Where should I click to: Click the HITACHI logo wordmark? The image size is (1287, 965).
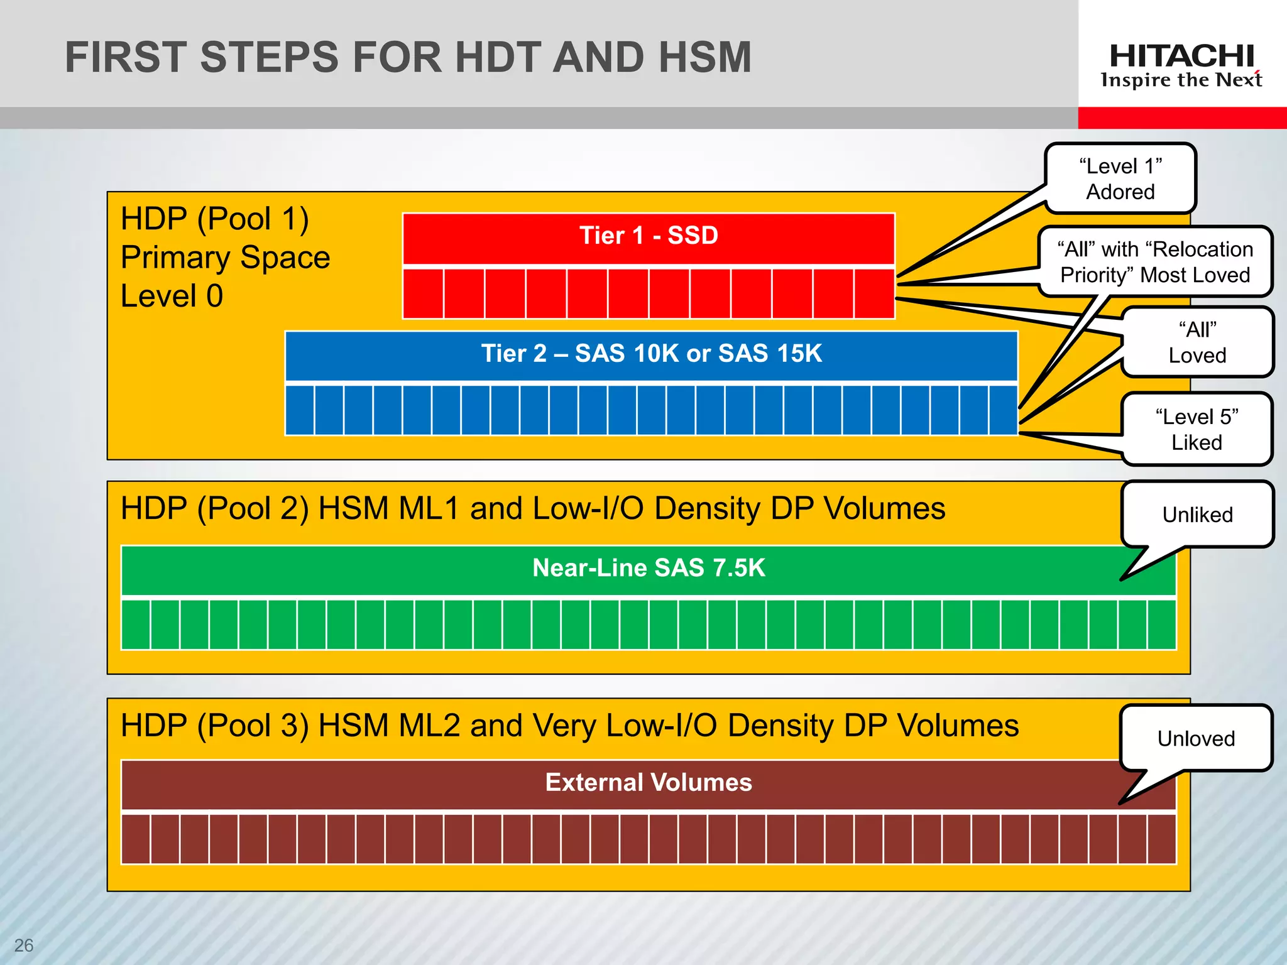pos(1181,57)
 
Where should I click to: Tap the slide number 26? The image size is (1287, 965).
pos(24,945)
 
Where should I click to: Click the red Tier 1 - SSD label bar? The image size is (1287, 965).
pos(649,237)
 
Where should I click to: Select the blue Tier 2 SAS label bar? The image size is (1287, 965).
pos(651,354)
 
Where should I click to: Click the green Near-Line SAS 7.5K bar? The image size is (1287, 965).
pos(649,569)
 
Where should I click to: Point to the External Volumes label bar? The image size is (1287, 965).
pos(649,783)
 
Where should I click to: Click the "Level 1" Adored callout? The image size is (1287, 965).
pos(1120,179)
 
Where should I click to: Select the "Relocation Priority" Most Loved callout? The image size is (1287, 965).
pos(1155,262)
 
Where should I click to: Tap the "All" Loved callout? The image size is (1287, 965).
pos(1197,342)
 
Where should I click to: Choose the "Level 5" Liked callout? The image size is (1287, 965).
pos(1197,430)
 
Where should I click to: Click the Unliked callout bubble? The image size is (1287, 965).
pos(1197,515)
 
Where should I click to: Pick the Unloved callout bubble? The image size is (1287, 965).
pos(1196,738)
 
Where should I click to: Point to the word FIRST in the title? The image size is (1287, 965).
pos(128,58)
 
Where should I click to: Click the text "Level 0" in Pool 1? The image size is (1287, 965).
pos(172,296)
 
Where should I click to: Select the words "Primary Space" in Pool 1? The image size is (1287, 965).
pos(225,258)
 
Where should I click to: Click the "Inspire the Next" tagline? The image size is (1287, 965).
pos(1181,80)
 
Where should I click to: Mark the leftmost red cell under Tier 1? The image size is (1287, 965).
pos(423,293)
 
